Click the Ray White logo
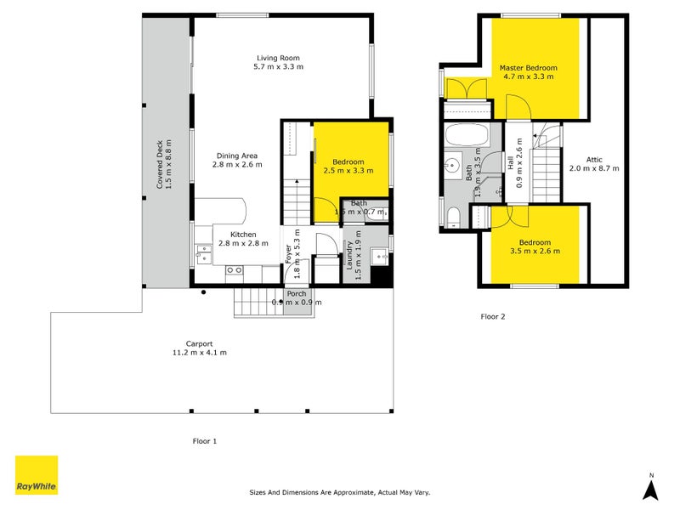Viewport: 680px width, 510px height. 37,475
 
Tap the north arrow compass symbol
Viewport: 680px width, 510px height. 650,486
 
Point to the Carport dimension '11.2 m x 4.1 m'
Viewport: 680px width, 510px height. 200,352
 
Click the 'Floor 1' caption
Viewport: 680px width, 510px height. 204,441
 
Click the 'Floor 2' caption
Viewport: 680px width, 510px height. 493,317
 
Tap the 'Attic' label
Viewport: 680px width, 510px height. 594,159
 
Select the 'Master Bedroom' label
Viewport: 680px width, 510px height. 529,68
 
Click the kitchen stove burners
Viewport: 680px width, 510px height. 234,270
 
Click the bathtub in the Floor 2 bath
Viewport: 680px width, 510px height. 465,136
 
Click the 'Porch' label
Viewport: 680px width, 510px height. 296,294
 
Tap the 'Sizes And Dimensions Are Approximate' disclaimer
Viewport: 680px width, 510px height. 340,492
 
